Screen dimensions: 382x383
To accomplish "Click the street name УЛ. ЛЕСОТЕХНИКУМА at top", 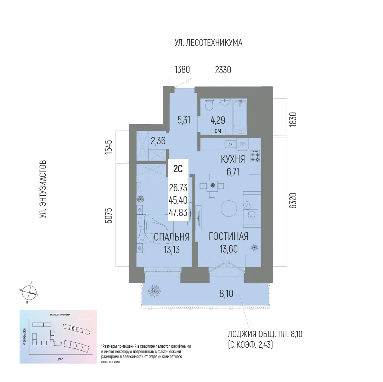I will point(208,43).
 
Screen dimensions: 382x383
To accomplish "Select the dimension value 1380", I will point(183,70).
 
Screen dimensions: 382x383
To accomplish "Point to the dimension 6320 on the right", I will point(293,202).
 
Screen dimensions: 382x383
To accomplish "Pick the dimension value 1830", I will point(293,120).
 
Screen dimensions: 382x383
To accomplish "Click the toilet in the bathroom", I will point(209,105).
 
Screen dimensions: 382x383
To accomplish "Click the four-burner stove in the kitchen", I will point(255,156).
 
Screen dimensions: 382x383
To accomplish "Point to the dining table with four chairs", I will point(212,185).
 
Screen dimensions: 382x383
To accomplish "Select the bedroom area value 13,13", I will point(171,250).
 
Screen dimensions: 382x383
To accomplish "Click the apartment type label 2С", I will point(178,169).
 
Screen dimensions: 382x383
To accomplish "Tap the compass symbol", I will point(29,293).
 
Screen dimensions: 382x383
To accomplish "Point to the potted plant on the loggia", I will point(156,291).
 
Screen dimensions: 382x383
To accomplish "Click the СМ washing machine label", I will point(218,131).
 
